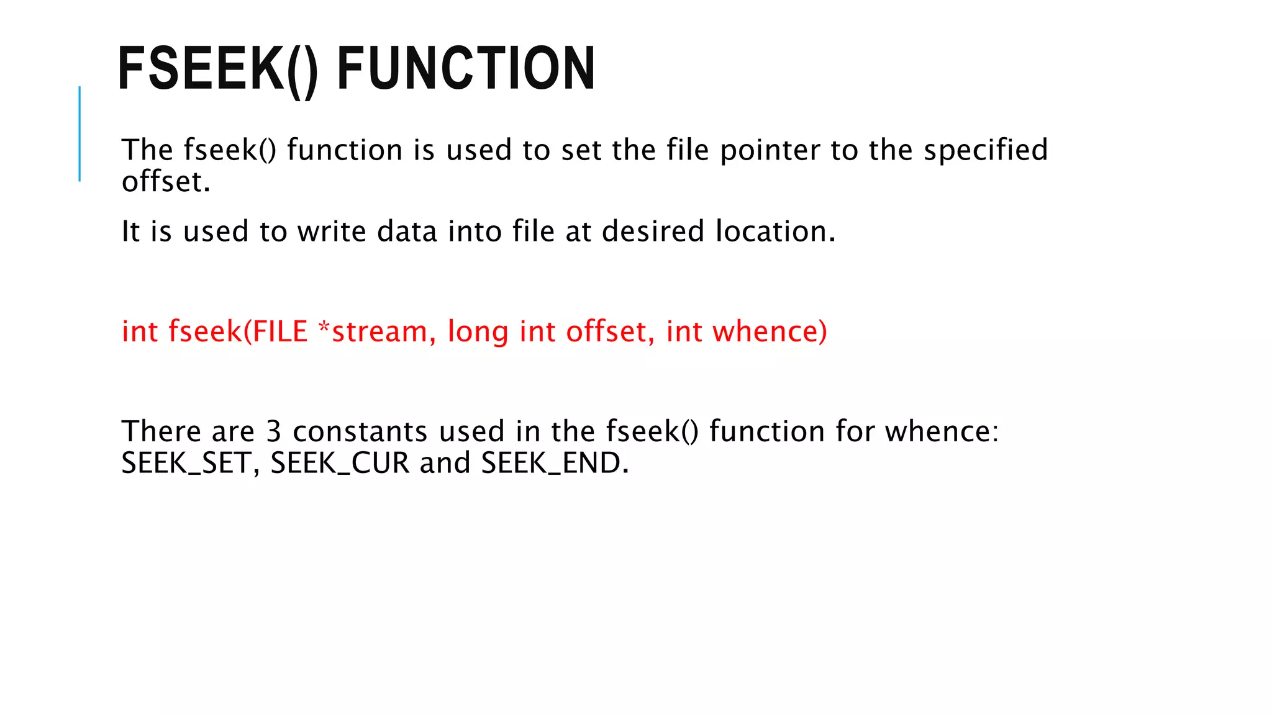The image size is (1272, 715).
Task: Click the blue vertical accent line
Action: point(79,133)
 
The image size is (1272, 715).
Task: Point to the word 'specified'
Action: point(986,151)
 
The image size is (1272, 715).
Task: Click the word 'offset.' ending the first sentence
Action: point(166,182)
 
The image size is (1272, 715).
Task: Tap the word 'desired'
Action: point(653,232)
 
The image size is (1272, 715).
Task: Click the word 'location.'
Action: point(776,232)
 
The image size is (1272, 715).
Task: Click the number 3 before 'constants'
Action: point(274,431)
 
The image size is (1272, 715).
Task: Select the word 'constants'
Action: point(360,431)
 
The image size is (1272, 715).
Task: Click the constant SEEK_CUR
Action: point(340,463)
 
